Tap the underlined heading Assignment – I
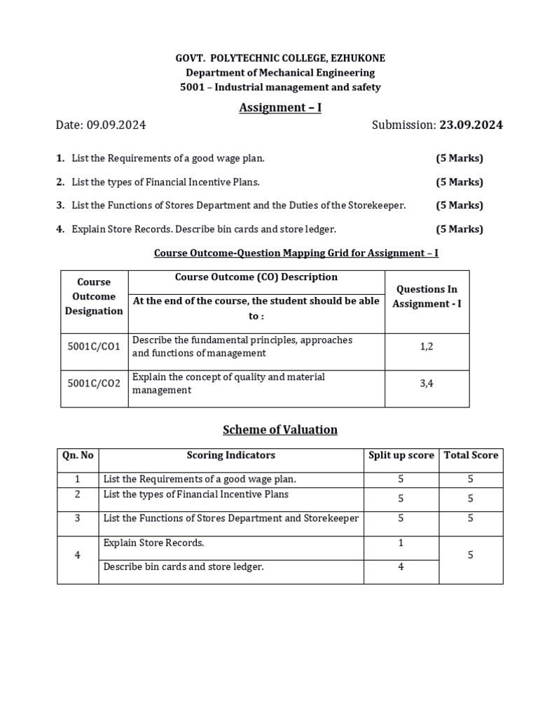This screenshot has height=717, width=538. (x=280, y=108)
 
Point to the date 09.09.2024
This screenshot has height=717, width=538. (x=116, y=125)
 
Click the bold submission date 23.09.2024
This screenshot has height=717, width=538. (x=471, y=125)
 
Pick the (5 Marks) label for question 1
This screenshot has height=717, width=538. (x=460, y=158)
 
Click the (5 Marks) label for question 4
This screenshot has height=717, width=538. (x=460, y=229)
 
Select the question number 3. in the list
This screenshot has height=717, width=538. (x=61, y=205)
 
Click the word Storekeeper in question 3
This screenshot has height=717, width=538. (x=380, y=205)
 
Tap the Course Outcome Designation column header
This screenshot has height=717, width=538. (x=94, y=296)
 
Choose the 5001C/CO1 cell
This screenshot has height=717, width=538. (x=94, y=346)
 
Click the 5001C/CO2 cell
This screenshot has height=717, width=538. (x=94, y=383)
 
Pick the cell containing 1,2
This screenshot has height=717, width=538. (x=427, y=346)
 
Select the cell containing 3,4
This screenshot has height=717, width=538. (x=427, y=383)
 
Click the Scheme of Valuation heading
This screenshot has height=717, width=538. (x=280, y=430)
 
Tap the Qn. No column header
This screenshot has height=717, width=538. (x=78, y=455)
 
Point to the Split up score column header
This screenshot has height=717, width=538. (x=401, y=455)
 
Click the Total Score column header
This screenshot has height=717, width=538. (x=471, y=455)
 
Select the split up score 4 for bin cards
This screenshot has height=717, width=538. (x=401, y=566)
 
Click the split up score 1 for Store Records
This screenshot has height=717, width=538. (x=401, y=543)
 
